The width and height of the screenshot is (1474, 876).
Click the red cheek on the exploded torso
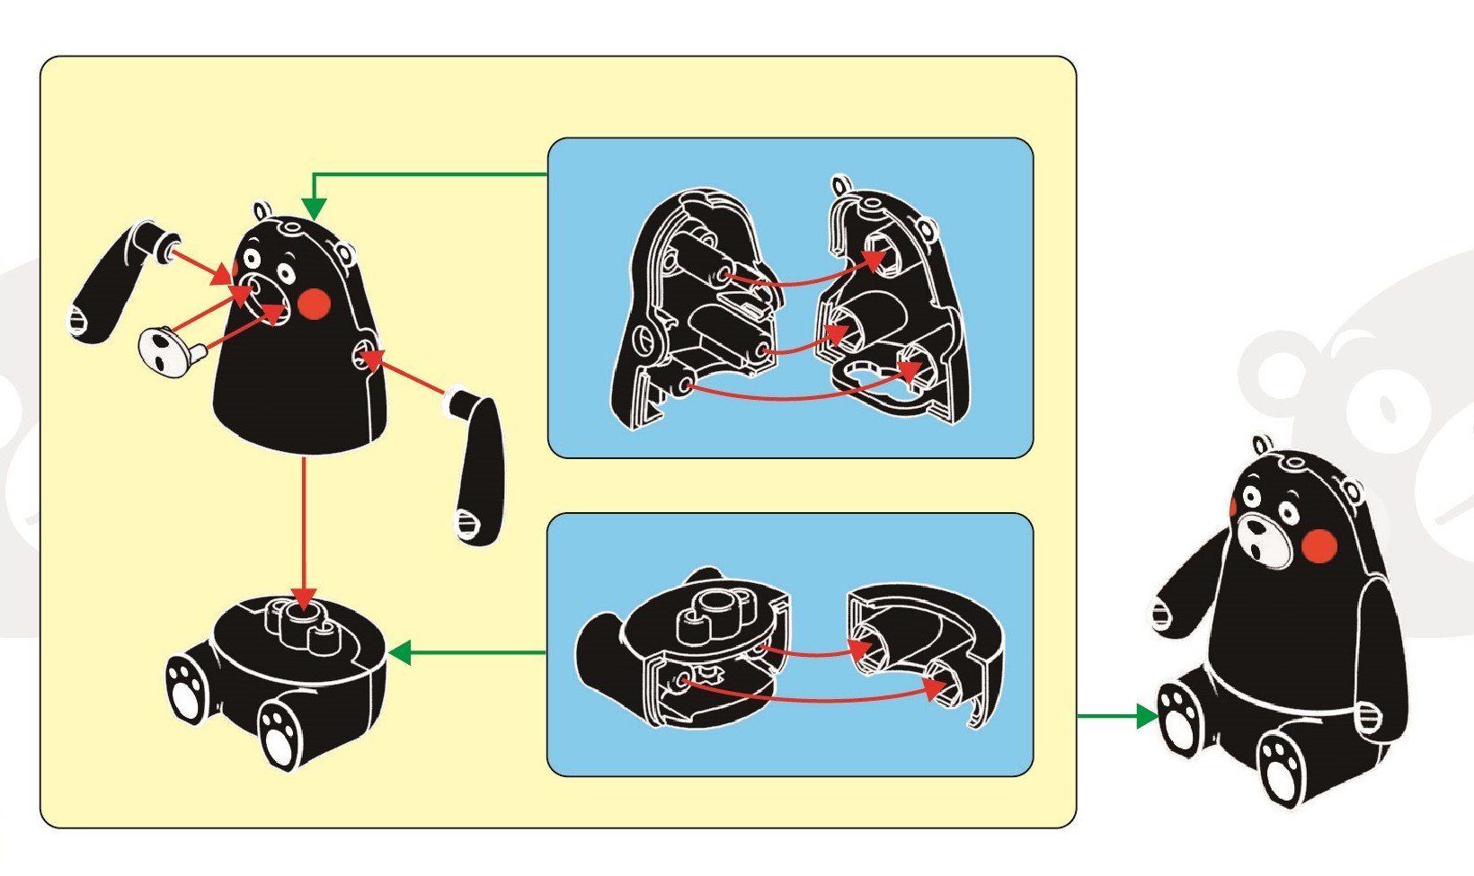(x=315, y=304)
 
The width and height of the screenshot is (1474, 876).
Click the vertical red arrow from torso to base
(x=305, y=530)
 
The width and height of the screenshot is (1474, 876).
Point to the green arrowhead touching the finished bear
(x=1146, y=716)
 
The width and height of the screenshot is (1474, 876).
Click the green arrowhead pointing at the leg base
(x=400, y=652)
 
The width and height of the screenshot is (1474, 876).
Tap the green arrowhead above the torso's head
(x=313, y=208)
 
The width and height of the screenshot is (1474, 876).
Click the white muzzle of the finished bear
(x=1257, y=540)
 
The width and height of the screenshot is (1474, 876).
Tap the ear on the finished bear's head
(x=1263, y=444)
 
